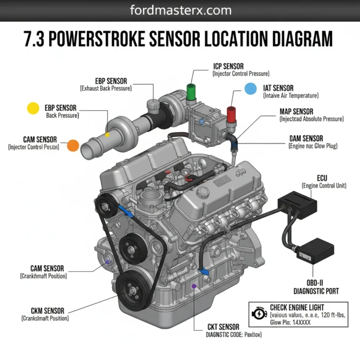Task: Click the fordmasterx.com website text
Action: point(180,10)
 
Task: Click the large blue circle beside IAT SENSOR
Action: point(251,88)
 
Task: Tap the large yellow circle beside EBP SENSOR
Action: point(33,108)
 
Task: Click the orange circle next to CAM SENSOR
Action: point(73,145)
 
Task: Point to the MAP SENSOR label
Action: point(296,112)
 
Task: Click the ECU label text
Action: point(322,178)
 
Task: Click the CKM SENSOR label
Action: point(47,310)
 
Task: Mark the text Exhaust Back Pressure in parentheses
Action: point(105,88)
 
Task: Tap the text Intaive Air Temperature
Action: point(290,96)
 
